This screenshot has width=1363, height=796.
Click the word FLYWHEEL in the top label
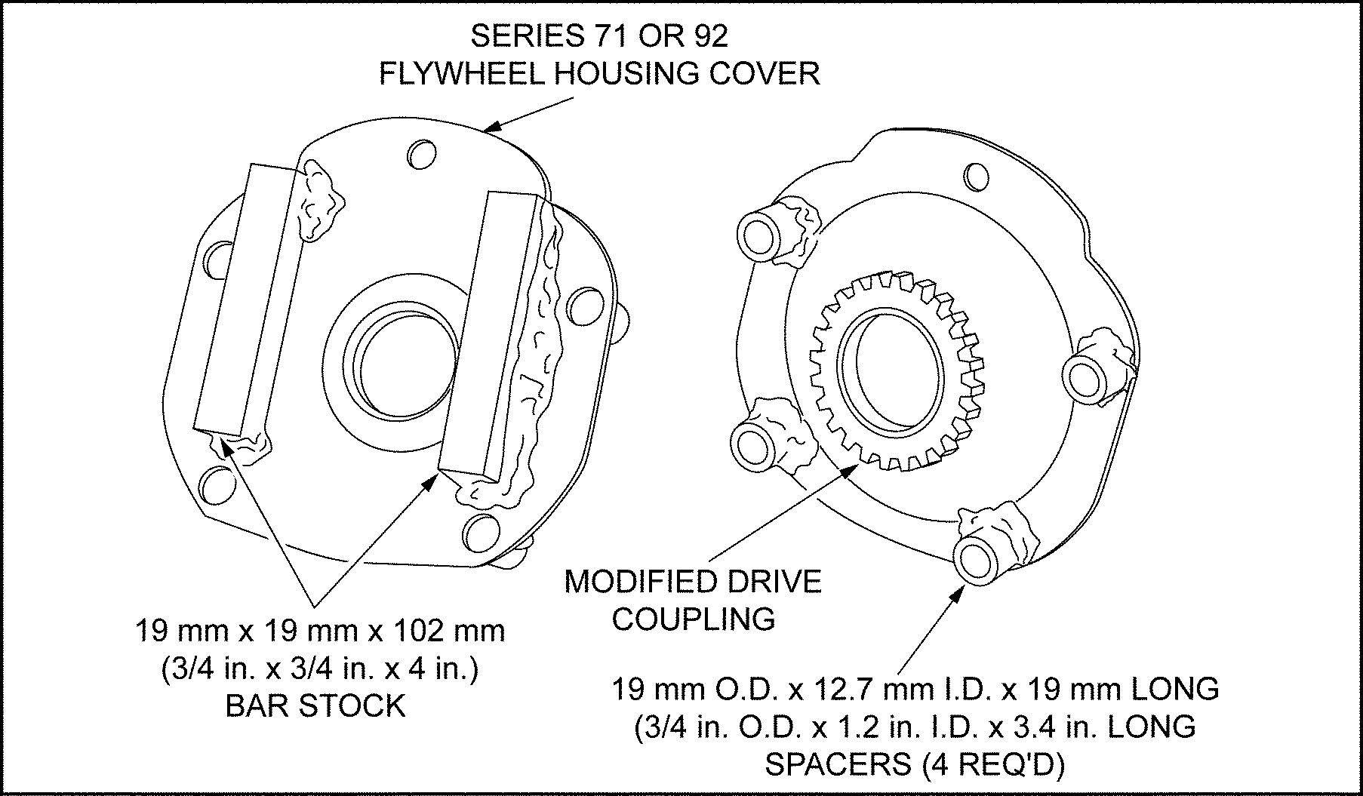[x=459, y=74]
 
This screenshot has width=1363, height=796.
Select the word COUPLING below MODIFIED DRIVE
[x=693, y=619]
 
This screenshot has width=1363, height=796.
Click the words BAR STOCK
[x=315, y=705]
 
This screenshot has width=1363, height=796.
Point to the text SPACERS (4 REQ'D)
[x=915, y=764]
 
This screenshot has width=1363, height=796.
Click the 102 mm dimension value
[x=454, y=630]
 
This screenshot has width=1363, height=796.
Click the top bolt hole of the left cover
[x=420, y=154]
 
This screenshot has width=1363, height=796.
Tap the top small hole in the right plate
[x=977, y=177]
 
